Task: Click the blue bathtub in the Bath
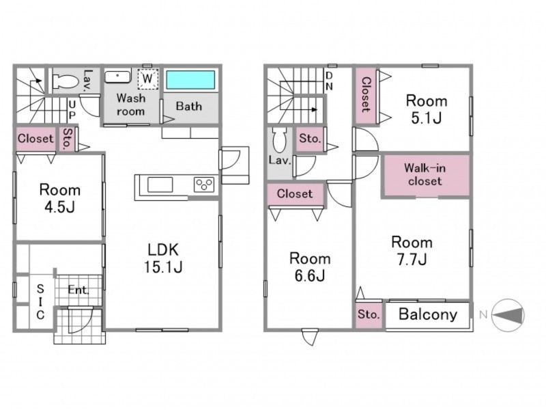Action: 190,80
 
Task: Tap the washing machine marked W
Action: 147,79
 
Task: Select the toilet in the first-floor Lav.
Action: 66,82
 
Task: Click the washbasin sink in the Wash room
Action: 117,77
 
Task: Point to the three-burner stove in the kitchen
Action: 204,184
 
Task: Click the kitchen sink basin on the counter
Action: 160,184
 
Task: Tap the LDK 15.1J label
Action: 163,258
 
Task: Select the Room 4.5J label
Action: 60,198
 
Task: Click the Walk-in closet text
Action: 425,175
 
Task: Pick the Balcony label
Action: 428,314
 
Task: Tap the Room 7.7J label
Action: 412,251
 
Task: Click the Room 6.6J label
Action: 310,267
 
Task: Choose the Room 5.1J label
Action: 427,109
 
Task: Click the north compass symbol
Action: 508,315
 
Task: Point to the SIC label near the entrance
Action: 40,302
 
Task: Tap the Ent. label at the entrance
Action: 78,290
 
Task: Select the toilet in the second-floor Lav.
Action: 279,140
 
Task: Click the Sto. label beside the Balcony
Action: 369,314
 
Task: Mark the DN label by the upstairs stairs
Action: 329,81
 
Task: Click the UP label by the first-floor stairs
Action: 72,110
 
